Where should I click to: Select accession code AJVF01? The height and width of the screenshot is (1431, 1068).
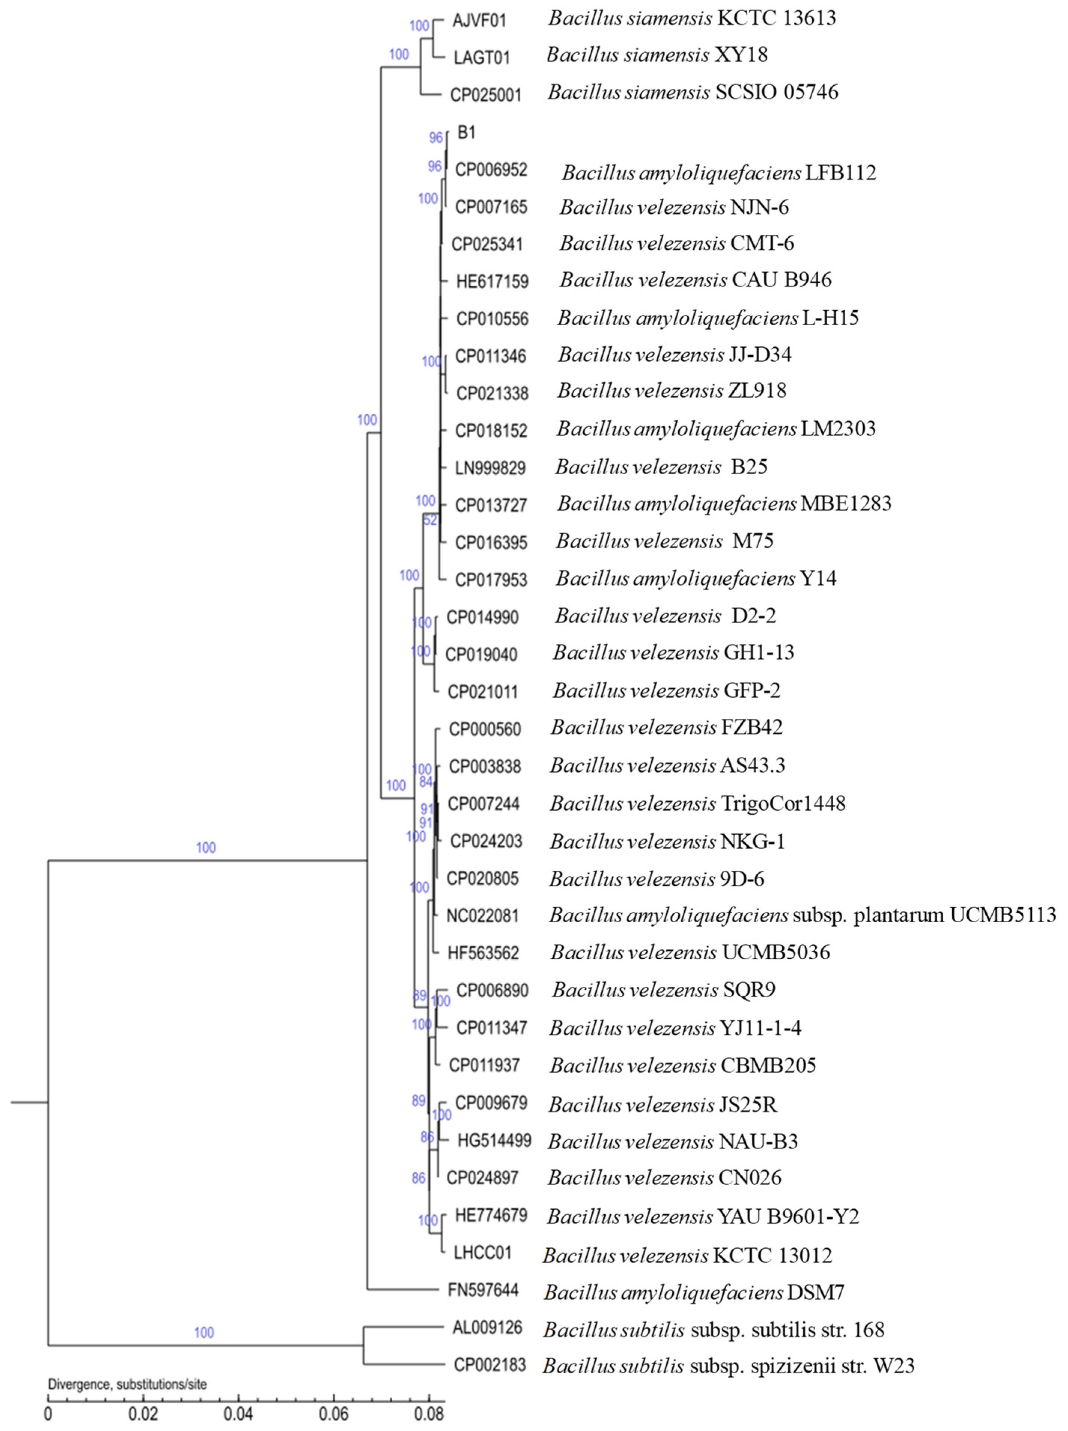pos(479,21)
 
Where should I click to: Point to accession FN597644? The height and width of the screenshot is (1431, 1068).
pos(483,1290)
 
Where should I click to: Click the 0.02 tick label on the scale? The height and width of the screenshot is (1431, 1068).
pos(143,1413)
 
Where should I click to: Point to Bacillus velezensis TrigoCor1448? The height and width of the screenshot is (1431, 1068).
pos(697,803)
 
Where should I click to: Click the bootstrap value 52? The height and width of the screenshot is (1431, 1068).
pos(430,520)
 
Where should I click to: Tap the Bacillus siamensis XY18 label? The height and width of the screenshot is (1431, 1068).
pos(657,55)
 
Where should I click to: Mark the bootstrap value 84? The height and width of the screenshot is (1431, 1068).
pos(425,782)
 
